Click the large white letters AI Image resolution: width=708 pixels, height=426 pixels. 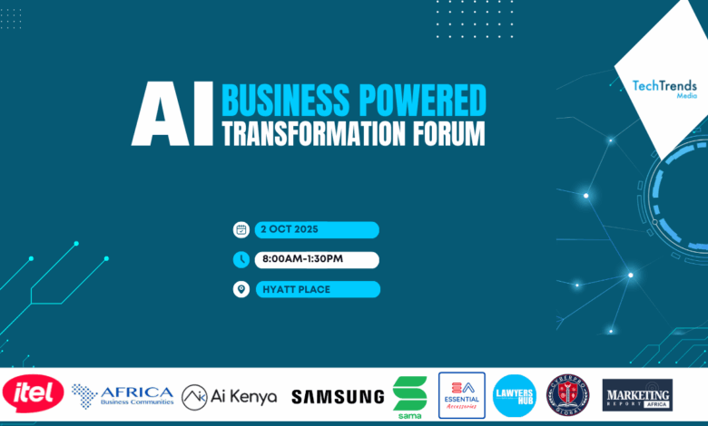(x=172, y=116)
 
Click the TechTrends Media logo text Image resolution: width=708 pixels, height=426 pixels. (x=664, y=88)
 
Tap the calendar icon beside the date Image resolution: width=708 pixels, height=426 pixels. (x=241, y=230)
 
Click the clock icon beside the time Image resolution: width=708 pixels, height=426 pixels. (x=241, y=260)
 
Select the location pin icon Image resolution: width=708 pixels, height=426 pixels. (x=241, y=289)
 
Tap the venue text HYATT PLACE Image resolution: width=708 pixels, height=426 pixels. (x=297, y=290)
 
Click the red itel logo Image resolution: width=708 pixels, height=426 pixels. (x=33, y=394)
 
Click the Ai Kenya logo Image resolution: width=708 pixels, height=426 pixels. (x=229, y=396)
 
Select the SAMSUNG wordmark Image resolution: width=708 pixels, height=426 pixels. (x=338, y=396)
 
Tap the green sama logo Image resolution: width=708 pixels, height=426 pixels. (x=409, y=396)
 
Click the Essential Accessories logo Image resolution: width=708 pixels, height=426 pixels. (x=461, y=395)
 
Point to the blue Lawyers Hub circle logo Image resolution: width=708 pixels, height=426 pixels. (x=515, y=395)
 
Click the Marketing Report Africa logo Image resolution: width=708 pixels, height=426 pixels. (x=637, y=395)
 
